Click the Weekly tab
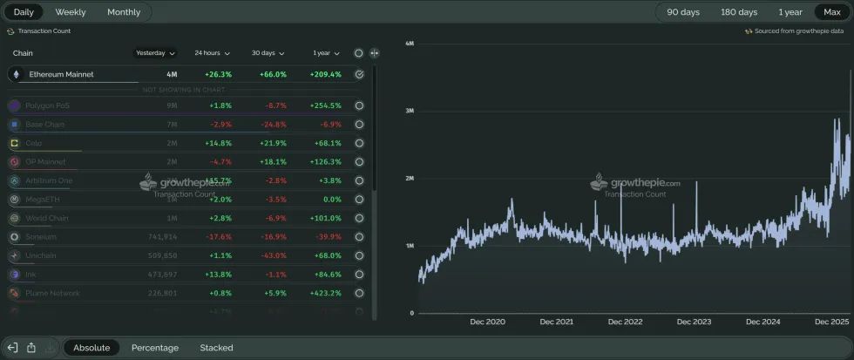point(71,12)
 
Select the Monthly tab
point(124,12)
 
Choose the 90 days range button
point(683,12)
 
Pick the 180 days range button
point(739,12)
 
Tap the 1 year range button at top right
point(790,12)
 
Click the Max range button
point(832,12)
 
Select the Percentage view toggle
point(155,348)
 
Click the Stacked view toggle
point(216,348)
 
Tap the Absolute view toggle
point(91,348)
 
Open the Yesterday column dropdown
point(156,53)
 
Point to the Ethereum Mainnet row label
point(61,74)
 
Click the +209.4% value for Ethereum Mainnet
point(325,74)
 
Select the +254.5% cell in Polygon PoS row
point(325,105)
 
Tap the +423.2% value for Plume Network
point(325,293)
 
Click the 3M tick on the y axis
point(409,111)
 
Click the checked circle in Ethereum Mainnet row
point(359,74)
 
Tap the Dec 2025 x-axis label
point(832,322)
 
